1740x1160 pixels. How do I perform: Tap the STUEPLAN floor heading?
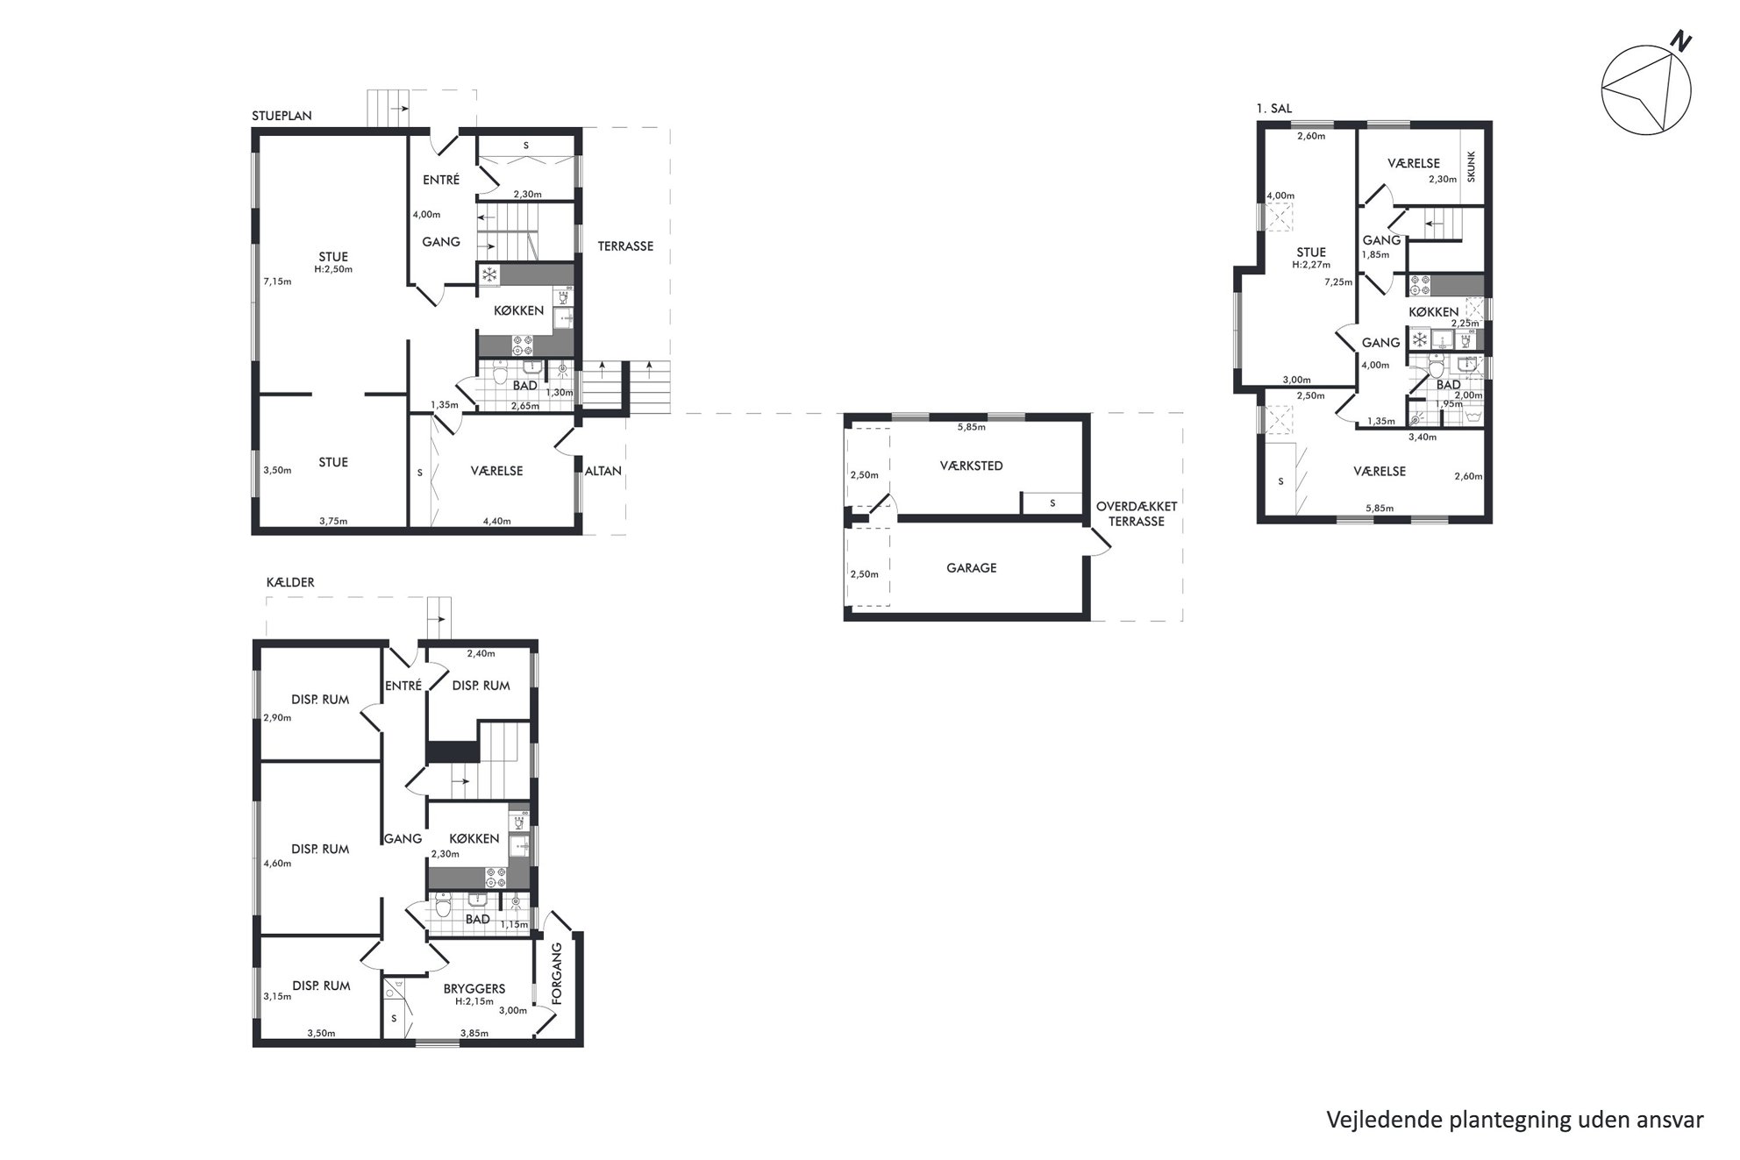(x=282, y=116)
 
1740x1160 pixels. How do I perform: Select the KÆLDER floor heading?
(x=290, y=582)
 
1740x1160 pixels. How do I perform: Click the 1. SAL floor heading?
(x=1274, y=109)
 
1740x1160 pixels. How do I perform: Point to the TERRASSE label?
(x=625, y=246)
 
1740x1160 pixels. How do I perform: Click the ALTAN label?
(x=603, y=471)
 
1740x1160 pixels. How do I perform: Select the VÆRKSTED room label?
(x=971, y=466)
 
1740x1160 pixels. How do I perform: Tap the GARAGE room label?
(x=972, y=568)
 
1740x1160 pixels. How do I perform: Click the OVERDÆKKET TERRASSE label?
(x=1137, y=514)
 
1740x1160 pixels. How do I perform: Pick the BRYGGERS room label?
(x=474, y=988)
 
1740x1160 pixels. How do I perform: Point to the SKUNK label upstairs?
(x=1471, y=167)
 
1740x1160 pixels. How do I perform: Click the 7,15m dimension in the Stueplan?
(x=277, y=281)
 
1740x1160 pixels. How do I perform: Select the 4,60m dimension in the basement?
(x=277, y=864)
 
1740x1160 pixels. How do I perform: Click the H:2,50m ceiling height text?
(x=333, y=269)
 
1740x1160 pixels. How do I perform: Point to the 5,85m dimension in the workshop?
(x=971, y=428)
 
